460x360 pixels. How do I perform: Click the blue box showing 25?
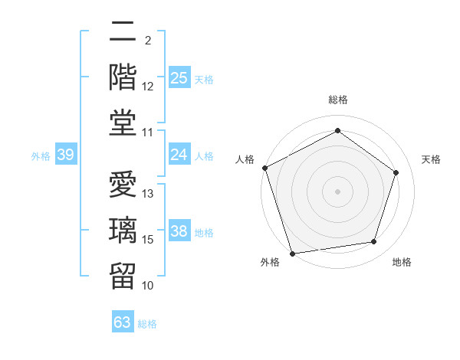(x=179, y=78)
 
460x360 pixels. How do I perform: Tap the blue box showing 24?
(x=179, y=155)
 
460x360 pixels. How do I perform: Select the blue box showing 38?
(x=179, y=231)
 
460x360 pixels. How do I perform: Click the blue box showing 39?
(x=66, y=155)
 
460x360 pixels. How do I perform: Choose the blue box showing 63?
(x=122, y=322)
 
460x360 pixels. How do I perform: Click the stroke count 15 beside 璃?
(x=149, y=240)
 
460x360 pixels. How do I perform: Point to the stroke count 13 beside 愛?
(x=149, y=194)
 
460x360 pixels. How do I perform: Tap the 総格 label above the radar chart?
(x=337, y=100)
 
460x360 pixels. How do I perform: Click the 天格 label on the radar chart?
(x=431, y=159)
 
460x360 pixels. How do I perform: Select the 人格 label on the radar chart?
(x=245, y=159)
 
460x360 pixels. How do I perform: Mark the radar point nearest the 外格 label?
(x=292, y=253)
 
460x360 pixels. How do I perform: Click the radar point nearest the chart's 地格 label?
(x=374, y=242)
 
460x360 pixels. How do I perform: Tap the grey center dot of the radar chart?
(x=337, y=191)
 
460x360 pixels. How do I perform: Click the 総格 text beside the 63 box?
(x=147, y=324)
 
